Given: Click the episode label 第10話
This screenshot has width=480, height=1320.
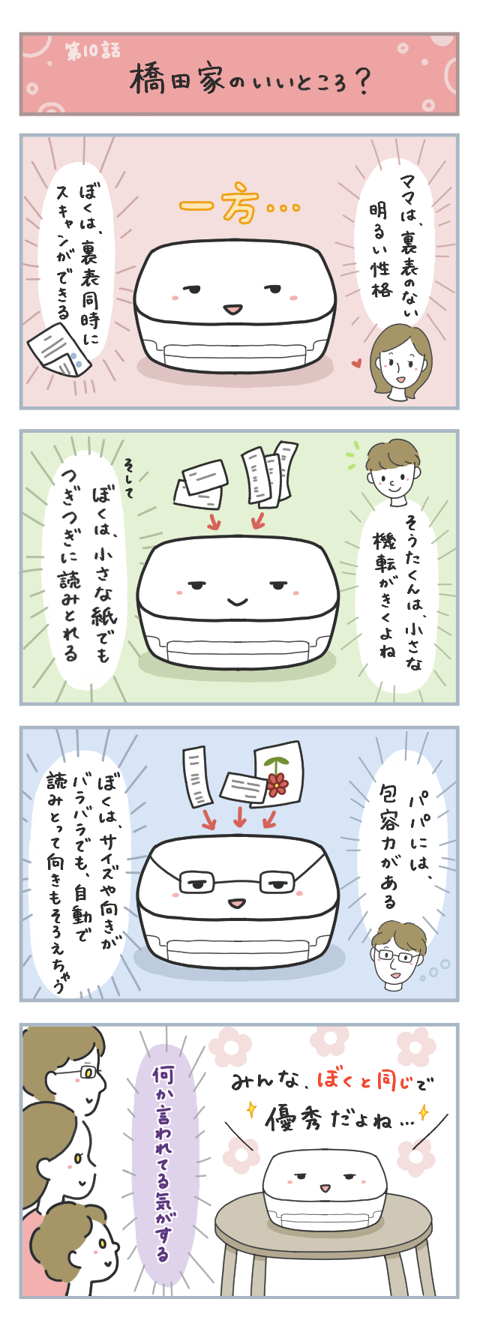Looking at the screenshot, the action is tap(92, 51).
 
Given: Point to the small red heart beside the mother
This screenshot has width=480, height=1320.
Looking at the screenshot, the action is tap(356, 364).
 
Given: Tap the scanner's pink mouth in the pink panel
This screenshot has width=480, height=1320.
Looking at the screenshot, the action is tap(233, 308).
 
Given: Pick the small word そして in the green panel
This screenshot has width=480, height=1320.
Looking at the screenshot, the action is tap(128, 478).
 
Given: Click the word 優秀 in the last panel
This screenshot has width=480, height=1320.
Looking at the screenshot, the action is tap(298, 1120).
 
